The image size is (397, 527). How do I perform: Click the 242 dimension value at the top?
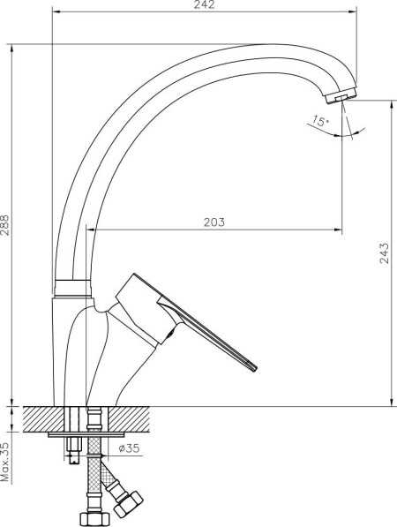click(x=204, y=5)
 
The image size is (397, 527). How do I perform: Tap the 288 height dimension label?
click(x=5, y=225)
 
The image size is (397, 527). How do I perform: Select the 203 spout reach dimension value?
click(x=214, y=222)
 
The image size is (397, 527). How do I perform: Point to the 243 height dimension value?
click(x=385, y=252)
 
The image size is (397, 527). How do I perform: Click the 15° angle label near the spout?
click(x=319, y=121)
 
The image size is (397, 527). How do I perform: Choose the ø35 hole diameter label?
click(x=129, y=448)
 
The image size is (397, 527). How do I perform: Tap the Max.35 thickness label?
click(x=5, y=462)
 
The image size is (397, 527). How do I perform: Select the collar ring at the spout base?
click(x=73, y=288)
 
